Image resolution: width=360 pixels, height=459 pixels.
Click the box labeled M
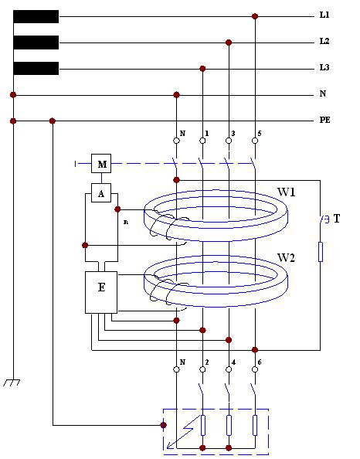[101, 163]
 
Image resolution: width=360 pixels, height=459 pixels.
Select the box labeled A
[101, 193]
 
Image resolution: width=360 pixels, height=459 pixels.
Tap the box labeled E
[101, 292]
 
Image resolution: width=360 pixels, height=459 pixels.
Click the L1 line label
[324, 15]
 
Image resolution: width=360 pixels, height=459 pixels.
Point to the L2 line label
[324, 41]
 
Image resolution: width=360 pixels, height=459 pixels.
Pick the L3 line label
[324, 68]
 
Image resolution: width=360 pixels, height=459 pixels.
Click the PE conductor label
[325, 120]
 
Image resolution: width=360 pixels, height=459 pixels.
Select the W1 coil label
[287, 192]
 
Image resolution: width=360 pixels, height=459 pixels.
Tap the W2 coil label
[287, 257]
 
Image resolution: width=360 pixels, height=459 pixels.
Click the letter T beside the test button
[337, 219]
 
